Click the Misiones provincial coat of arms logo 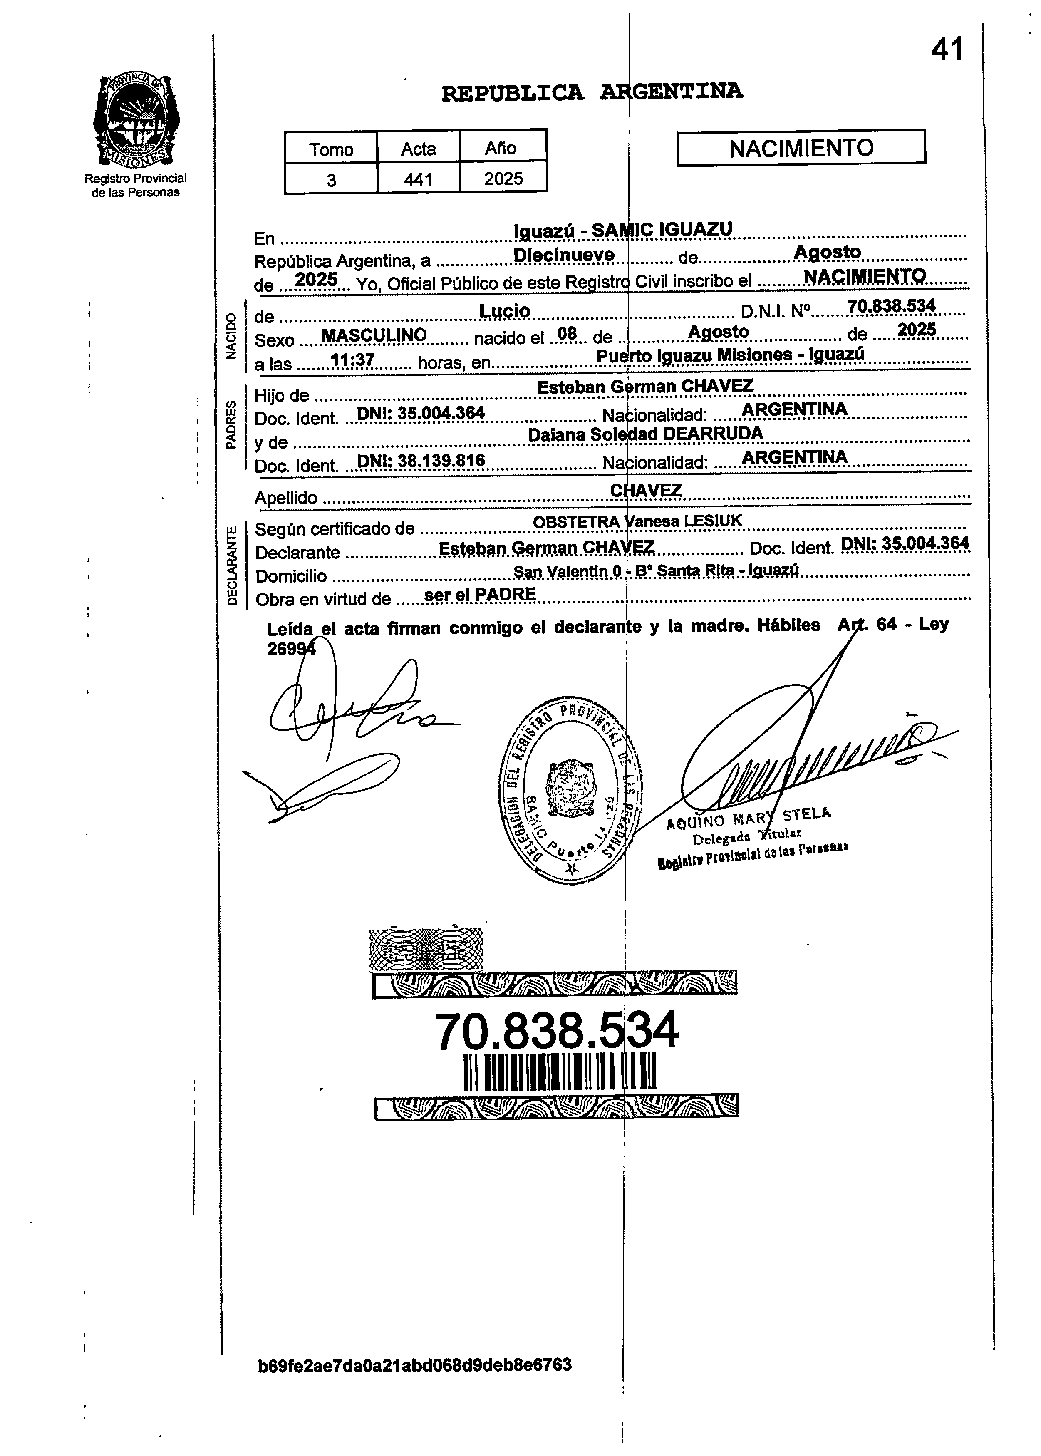click(x=136, y=121)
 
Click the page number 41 click(x=947, y=50)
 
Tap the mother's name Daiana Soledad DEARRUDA click(x=645, y=434)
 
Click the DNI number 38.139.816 click(x=421, y=461)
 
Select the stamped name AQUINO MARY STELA click(x=748, y=817)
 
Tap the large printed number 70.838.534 click(x=556, y=1031)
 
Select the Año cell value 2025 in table click(x=503, y=179)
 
